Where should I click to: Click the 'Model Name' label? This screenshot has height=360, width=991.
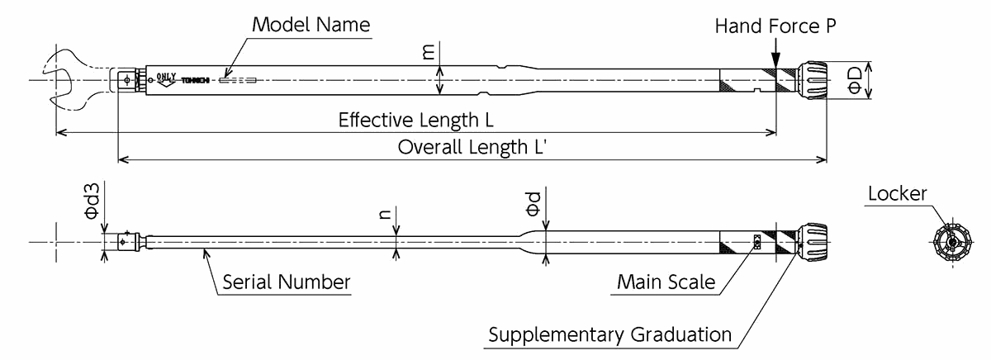click(x=311, y=23)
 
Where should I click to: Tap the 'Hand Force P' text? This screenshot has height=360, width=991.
click(x=775, y=26)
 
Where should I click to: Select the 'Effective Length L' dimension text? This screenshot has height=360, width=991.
click(x=415, y=121)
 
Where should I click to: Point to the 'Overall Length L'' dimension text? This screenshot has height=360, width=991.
click(x=473, y=148)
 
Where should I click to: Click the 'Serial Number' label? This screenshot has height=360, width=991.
click(x=287, y=282)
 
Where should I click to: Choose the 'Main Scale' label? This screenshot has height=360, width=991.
click(x=666, y=282)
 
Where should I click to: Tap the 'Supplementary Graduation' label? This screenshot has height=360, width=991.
click(x=609, y=334)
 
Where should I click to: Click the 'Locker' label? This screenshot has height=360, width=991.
click(x=898, y=195)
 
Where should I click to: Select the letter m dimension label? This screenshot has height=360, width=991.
click(x=428, y=51)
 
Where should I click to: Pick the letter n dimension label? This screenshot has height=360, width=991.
click(x=384, y=213)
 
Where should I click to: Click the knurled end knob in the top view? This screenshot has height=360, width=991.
click(x=812, y=80)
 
